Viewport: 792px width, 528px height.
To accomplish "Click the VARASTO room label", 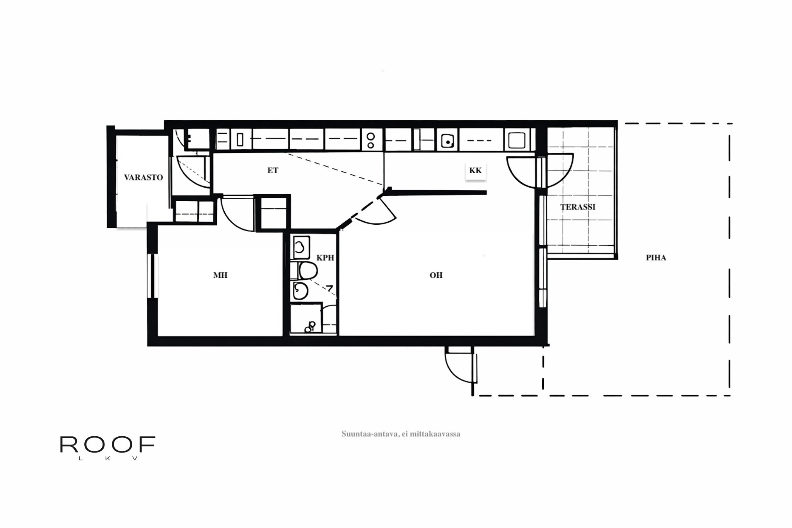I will click(x=143, y=178).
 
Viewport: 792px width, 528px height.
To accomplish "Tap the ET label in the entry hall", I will click(x=273, y=171).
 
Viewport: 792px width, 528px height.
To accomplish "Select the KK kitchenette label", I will click(x=475, y=171).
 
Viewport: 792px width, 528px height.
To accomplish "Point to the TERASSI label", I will click(x=578, y=207).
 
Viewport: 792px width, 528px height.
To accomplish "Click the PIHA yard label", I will click(x=656, y=258).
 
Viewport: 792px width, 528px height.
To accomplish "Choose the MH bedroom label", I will click(x=220, y=275).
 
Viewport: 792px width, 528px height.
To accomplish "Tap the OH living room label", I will click(x=436, y=275).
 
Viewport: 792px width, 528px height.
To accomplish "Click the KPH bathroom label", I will click(x=325, y=258).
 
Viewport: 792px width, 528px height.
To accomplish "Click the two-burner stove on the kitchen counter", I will click(x=370, y=140).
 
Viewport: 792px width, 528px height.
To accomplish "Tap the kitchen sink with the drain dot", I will click(x=447, y=140).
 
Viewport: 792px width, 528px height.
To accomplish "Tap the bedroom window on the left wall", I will click(x=152, y=275).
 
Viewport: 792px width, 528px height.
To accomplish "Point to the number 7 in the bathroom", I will click(x=329, y=288).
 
